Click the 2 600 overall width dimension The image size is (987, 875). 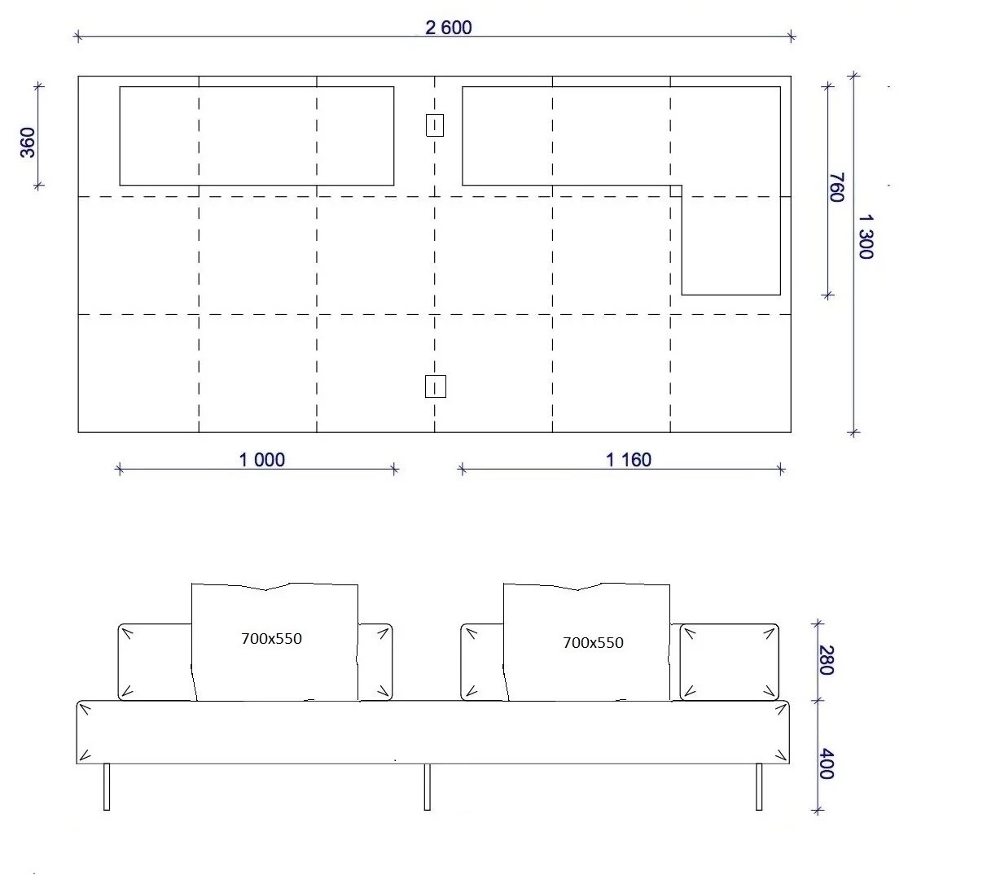coord(448,28)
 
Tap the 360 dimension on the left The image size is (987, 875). coord(28,142)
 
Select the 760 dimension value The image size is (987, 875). coord(836,187)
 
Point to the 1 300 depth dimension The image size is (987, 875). coord(865,237)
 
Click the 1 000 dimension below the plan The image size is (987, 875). coord(261,460)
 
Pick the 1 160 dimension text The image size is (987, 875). coord(629,460)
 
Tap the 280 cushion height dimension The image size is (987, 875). coord(827,660)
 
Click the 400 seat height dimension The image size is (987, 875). coord(827,763)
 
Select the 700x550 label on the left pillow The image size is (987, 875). coord(271,638)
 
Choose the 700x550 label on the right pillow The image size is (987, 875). coord(593,643)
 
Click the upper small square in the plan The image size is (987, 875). coord(435,125)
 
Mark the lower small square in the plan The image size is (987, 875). coord(435,387)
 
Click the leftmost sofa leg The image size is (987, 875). coord(107,787)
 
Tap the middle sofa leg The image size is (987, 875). coord(428,787)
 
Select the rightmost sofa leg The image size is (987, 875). coord(758,787)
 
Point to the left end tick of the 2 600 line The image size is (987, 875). coord(78,36)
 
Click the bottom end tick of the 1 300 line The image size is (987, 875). coord(853,432)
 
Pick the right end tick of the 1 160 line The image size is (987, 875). coord(780,470)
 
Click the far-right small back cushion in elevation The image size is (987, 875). coord(730,663)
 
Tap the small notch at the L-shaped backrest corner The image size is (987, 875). coord(676,191)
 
